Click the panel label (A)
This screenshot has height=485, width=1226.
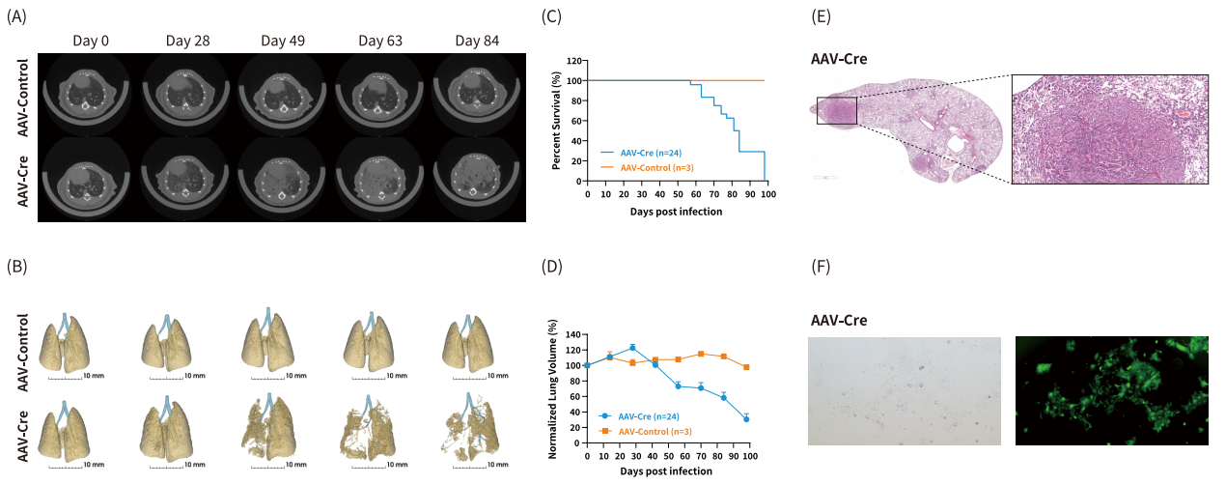pos(16,15)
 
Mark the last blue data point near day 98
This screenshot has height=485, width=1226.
pos(746,418)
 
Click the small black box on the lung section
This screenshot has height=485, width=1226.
pos(836,110)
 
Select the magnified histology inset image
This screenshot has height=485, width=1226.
pos(1109,129)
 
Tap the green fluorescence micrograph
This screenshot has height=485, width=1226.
pos(1112,390)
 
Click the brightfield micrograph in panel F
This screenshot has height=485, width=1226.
pos(904,390)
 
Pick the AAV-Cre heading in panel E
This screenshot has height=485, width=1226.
pos(838,59)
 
